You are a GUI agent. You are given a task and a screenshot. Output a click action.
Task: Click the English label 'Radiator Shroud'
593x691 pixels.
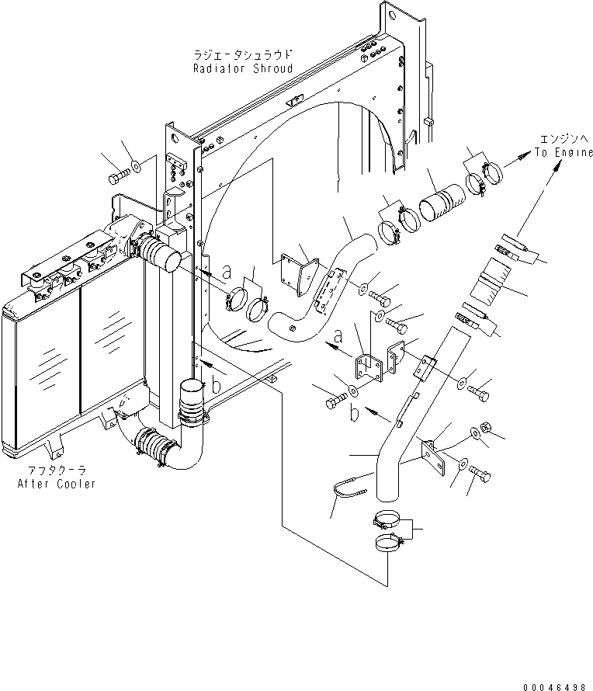pos(243,68)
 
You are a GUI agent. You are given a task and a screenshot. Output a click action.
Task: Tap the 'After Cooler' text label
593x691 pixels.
pos(57,484)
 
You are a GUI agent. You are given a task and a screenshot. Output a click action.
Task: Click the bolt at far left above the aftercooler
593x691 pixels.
pos(117,179)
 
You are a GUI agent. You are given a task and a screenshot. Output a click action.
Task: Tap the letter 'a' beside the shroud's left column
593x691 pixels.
pos(227,273)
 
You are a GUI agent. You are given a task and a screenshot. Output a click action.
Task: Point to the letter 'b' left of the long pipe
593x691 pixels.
pos(354,413)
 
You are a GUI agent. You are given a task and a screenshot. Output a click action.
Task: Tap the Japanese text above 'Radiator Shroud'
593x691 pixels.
pos(244,55)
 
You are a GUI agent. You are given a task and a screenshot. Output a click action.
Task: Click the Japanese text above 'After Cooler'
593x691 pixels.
pos(57,471)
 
